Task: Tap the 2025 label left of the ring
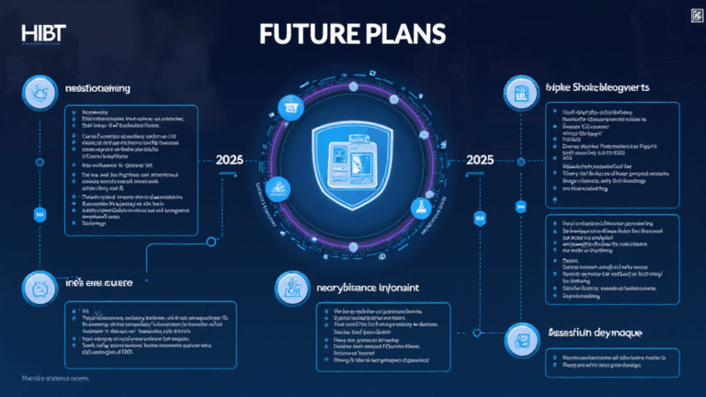230,159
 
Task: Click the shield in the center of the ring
354,161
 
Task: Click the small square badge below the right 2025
479,219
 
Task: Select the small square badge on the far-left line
40,214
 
